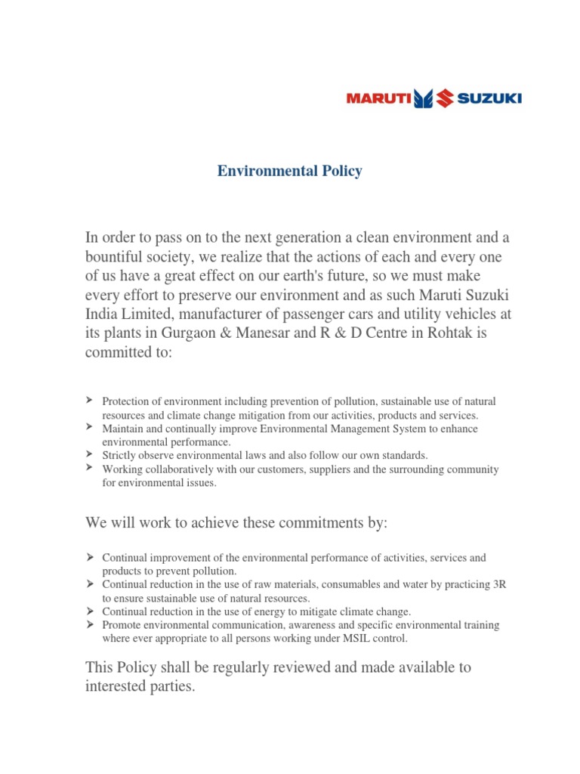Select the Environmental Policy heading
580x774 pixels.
click(x=290, y=171)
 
